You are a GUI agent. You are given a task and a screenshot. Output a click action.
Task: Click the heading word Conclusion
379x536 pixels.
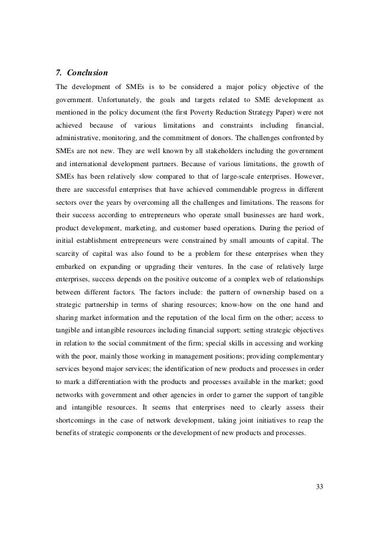pyautogui.click(x=87, y=74)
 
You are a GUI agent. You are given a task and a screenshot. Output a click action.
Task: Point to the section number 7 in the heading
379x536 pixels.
pyautogui.click(x=58, y=74)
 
